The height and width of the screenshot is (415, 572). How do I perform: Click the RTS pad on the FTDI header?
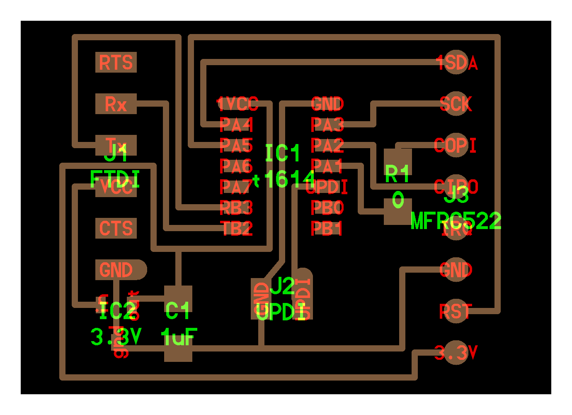[116, 63]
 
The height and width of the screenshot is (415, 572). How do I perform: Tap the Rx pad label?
[116, 104]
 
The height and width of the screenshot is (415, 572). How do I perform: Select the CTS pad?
[116, 229]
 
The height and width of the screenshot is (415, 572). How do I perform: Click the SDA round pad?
[456, 63]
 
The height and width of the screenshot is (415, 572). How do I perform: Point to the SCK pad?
[456, 104]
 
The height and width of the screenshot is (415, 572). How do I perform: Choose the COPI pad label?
[455, 145]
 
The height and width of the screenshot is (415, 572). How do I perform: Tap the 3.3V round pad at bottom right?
[456, 353]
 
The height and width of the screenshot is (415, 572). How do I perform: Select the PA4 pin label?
[236, 124]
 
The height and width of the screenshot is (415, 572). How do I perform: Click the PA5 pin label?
[236, 145]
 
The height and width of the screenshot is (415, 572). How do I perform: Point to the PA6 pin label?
[236, 166]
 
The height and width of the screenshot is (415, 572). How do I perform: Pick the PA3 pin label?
[327, 124]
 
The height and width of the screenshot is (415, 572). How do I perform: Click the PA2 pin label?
[327, 145]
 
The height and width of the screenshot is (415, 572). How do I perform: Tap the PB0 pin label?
[327, 207]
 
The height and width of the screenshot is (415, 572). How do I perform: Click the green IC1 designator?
[282, 154]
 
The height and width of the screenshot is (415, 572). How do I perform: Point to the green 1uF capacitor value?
[179, 337]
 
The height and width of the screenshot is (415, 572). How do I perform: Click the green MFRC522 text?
[456, 221]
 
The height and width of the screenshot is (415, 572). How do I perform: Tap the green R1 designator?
[397, 174]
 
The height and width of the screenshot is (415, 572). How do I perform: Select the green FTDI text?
[115, 179]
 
